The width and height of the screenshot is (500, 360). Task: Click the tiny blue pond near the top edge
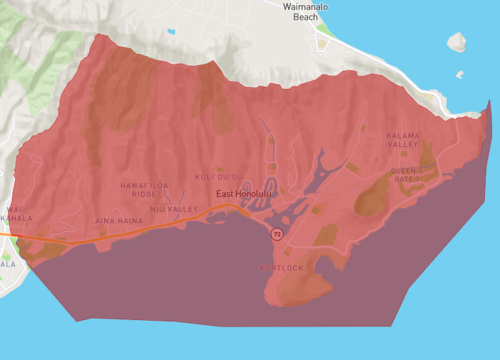pos(171,32)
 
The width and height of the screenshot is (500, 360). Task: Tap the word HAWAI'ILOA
pos(139,185)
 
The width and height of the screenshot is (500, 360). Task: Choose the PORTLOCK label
pos(281,268)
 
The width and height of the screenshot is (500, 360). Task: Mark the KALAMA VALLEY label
pos(403,140)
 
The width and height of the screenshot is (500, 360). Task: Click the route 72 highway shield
pos(277,233)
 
